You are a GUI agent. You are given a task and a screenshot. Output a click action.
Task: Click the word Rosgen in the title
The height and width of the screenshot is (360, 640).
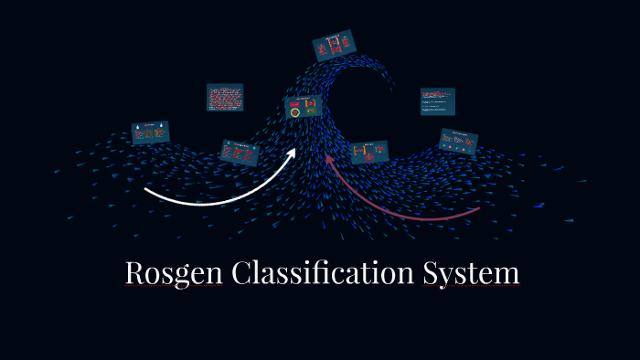[174, 273]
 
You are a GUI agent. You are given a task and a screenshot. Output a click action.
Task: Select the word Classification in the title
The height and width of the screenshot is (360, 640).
[322, 273]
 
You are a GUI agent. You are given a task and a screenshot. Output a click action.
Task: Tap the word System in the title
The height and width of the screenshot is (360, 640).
[471, 273]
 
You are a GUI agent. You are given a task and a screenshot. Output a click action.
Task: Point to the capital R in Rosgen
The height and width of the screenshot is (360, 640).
[134, 273]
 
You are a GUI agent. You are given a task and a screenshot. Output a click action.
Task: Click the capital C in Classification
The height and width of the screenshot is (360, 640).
[241, 273]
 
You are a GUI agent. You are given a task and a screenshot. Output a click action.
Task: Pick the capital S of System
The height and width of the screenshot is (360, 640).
[431, 273]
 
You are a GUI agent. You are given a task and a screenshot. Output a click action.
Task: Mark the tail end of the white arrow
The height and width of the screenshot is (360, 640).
[146, 191]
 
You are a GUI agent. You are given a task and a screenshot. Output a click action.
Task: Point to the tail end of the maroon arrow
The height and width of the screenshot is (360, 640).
[478, 209]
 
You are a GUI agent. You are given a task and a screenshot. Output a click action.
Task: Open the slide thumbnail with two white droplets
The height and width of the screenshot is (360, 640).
[150, 132]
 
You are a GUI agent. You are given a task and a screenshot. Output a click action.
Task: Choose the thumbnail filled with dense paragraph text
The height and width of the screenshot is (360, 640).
[224, 97]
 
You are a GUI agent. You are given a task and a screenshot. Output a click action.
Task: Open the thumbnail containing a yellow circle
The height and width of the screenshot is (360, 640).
[303, 107]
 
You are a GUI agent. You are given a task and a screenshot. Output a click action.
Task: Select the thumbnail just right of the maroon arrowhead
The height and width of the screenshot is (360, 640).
[369, 152]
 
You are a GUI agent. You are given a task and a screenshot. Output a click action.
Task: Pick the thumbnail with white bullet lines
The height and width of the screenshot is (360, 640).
[437, 101]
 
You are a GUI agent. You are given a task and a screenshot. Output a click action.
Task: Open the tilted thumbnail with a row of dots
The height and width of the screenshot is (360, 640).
[458, 141]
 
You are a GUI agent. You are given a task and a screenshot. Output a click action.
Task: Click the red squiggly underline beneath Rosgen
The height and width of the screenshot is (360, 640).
[174, 286]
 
